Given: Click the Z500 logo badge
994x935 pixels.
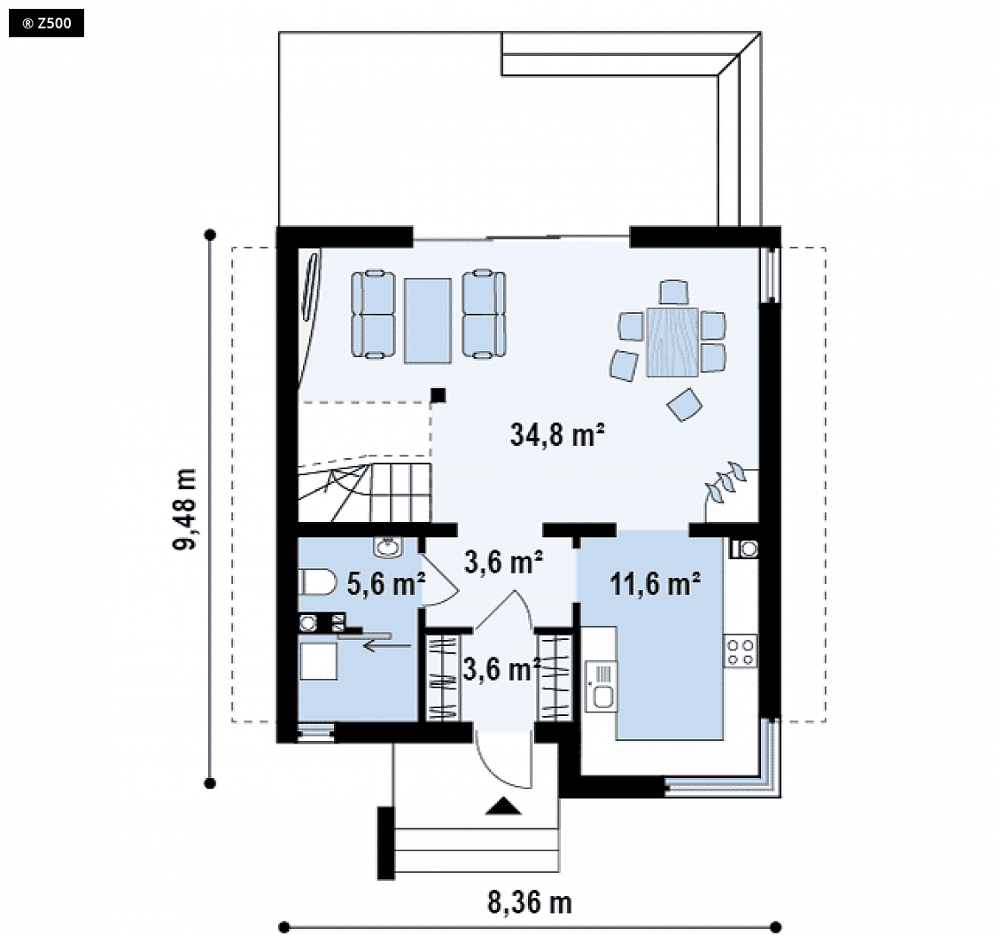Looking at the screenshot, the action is click(x=46, y=24).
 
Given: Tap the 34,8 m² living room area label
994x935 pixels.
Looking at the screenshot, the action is click(x=557, y=435).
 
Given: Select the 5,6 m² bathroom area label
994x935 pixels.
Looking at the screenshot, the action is click(x=385, y=583).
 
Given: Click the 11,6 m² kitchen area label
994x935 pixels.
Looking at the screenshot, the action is click(x=655, y=583).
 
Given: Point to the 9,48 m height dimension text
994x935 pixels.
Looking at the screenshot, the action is click(x=185, y=509).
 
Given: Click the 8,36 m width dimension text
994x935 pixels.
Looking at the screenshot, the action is click(x=529, y=902).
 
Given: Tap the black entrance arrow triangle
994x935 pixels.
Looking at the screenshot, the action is click(x=503, y=806).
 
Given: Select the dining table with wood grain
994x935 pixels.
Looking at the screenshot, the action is click(x=672, y=342).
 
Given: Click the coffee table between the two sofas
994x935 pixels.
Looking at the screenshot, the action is click(x=428, y=320).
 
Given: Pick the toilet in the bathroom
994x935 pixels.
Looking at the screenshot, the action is click(x=317, y=582).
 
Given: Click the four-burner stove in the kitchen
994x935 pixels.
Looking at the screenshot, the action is click(x=741, y=651).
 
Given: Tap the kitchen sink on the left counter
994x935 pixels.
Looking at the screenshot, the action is click(x=601, y=685).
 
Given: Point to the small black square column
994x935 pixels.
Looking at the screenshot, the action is click(x=438, y=395).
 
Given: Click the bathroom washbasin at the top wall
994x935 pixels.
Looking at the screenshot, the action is click(x=387, y=547).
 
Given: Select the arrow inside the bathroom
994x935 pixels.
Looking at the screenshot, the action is click(x=386, y=646).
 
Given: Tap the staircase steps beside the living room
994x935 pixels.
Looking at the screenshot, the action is click(x=364, y=492).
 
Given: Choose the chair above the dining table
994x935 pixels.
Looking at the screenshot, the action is click(x=673, y=292).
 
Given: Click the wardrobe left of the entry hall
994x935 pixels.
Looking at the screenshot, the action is click(x=442, y=677).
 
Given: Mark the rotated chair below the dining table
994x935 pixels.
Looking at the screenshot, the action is click(x=685, y=404).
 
